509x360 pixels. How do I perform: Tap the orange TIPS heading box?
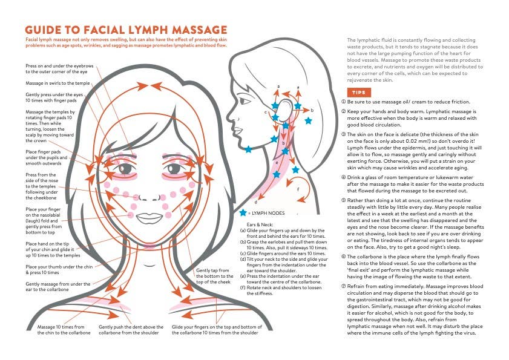pyautogui.click(x=358, y=93)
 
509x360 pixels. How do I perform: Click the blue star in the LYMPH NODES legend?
pyautogui.click(x=243, y=213)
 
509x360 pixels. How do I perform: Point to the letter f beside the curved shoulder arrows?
pyautogui.click(x=297, y=189)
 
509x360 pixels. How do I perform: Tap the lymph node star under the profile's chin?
pyautogui.click(x=248, y=149)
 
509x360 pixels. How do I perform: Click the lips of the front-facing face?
pyautogui.click(x=148, y=217)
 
